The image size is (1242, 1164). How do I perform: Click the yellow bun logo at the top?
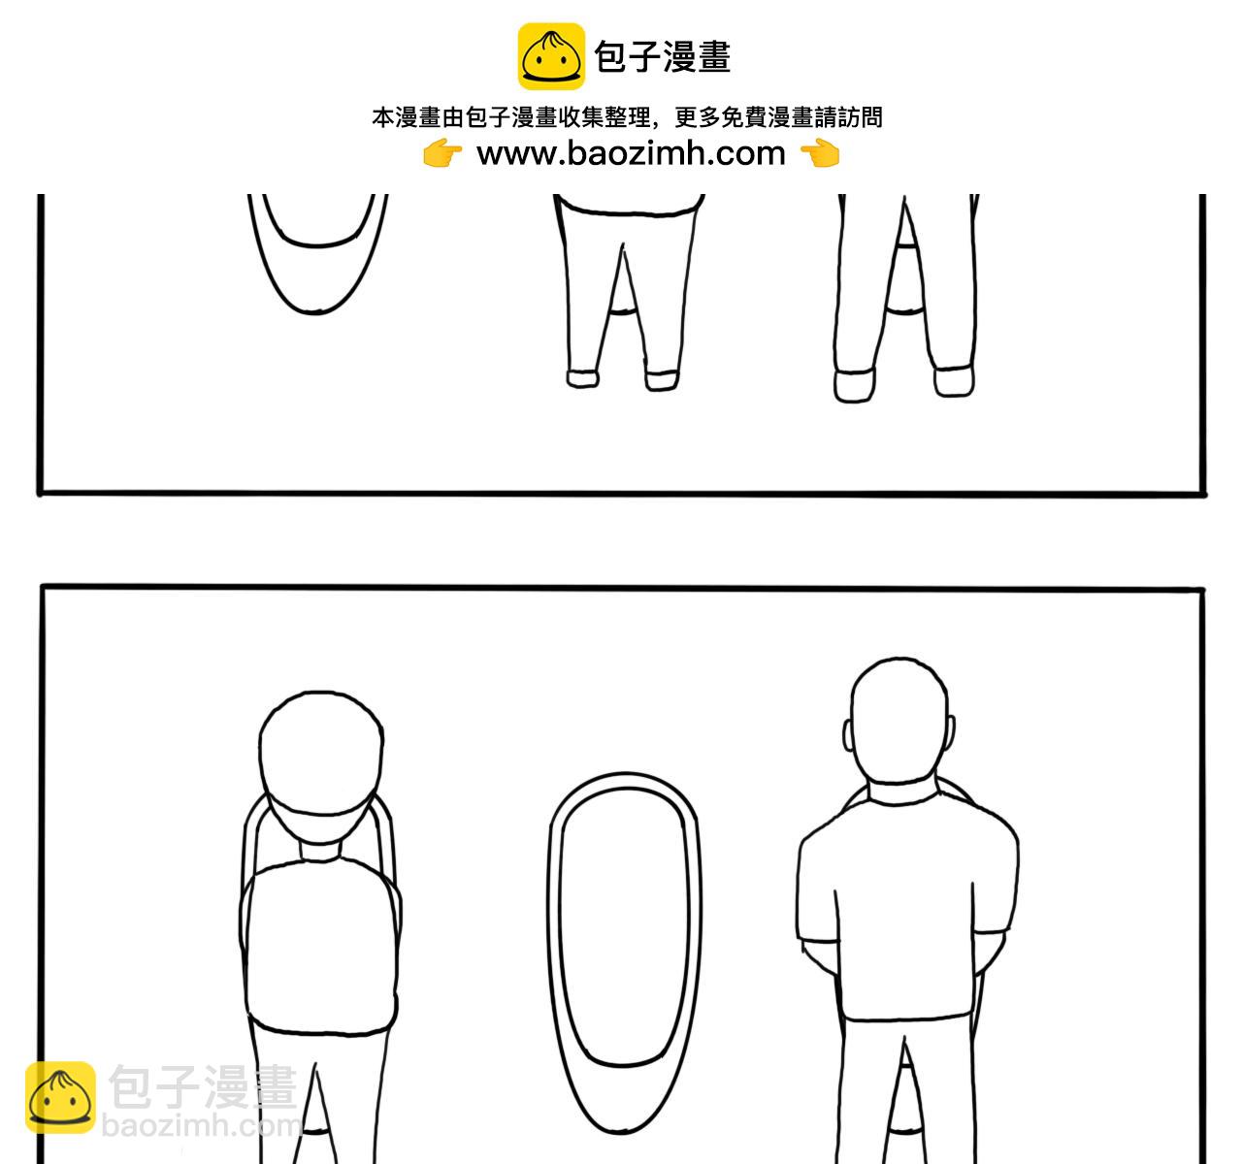[x=551, y=56]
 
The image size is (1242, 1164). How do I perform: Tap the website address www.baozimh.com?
[x=631, y=153]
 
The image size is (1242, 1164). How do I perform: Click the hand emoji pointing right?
[x=442, y=153]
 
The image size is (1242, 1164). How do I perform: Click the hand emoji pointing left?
[x=820, y=153]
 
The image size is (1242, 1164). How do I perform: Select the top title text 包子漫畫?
[x=662, y=57]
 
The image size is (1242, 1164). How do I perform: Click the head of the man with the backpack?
[x=320, y=752]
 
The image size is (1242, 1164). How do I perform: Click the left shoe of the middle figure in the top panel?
[x=583, y=378]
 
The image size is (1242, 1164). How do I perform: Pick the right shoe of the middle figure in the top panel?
[x=661, y=378]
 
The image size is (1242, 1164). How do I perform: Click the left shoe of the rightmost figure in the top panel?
[x=854, y=383]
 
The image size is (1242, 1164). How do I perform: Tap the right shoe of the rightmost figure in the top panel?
[x=953, y=380]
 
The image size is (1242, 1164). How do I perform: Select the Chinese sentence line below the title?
[x=627, y=118]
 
